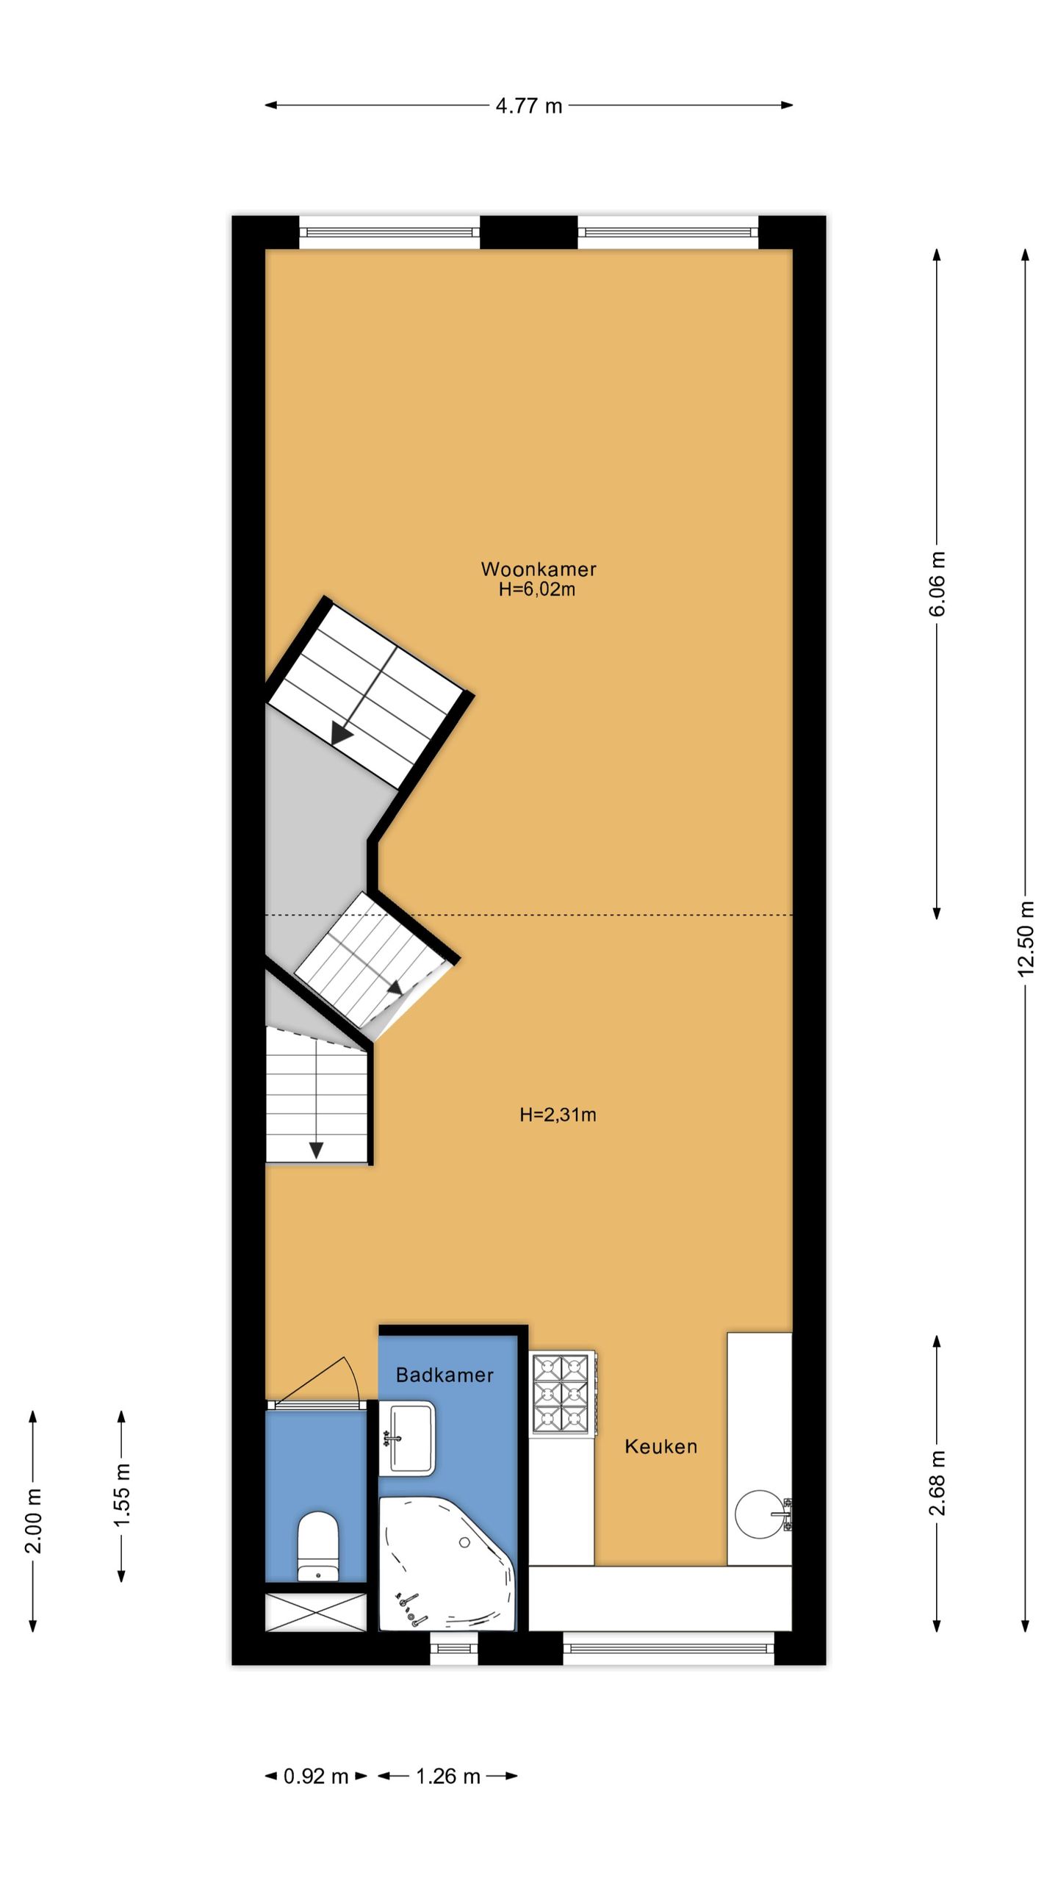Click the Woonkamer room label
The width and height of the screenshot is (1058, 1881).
point(538,569)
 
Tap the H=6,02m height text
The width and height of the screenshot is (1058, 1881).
point(536,589)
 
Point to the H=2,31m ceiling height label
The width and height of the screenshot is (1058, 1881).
point(558,1115)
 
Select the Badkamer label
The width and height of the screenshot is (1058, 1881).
point(445,1375)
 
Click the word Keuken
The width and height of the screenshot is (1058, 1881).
point(661,1447)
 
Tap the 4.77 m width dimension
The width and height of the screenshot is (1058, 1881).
point(529,106)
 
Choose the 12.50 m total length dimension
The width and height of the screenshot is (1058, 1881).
point(1026,938)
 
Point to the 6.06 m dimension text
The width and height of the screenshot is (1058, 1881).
point(938,583)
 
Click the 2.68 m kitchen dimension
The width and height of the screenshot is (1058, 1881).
point(938,1483)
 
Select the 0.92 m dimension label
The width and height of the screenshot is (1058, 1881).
point(316,1776)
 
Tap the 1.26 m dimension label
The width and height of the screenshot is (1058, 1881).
point(448,1776)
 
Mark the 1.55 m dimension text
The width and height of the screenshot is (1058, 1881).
point(122,1495)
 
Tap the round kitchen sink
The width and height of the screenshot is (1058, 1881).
point(760,1514)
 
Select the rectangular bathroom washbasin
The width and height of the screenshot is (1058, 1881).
point(407,1438)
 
